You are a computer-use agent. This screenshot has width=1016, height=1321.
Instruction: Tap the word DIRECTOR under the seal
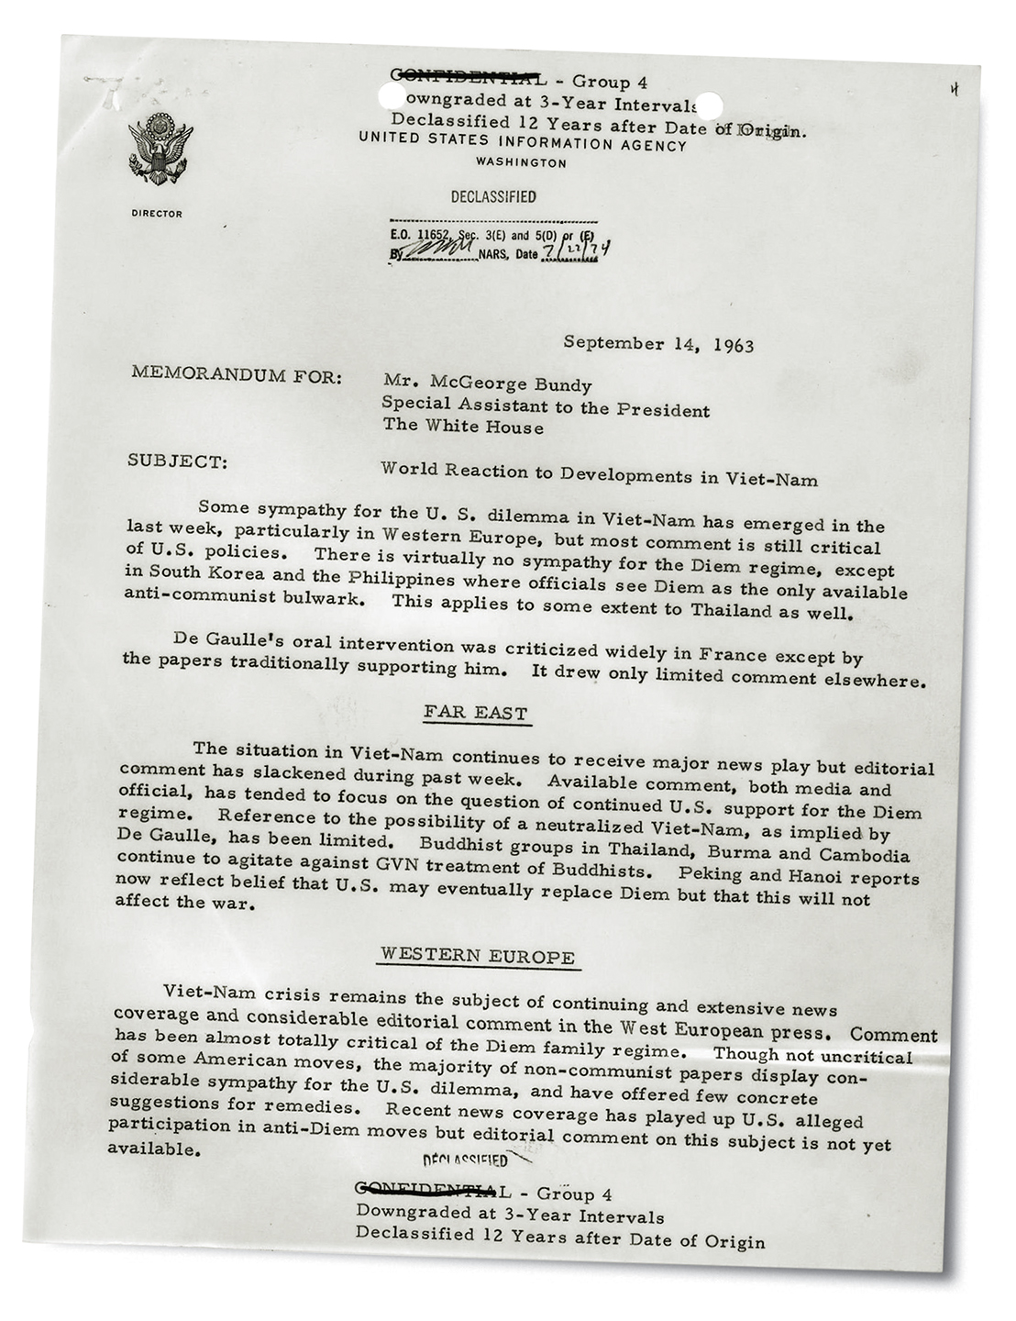coord(157,214)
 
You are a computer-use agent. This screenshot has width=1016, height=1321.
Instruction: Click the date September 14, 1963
coord(657,344)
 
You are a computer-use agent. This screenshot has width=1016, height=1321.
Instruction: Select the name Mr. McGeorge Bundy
coord(487,384)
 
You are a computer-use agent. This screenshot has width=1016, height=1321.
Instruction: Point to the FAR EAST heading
coord(476,712)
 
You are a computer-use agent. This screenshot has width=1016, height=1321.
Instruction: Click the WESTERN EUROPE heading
coord(478,956)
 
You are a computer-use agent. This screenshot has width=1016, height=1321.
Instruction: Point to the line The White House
coord(462,427)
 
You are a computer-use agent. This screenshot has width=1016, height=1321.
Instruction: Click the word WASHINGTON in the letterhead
coord(521,162)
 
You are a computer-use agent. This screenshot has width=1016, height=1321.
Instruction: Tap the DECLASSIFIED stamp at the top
coord(493,196)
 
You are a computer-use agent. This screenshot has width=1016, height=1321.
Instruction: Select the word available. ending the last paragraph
coord(155,1149)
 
